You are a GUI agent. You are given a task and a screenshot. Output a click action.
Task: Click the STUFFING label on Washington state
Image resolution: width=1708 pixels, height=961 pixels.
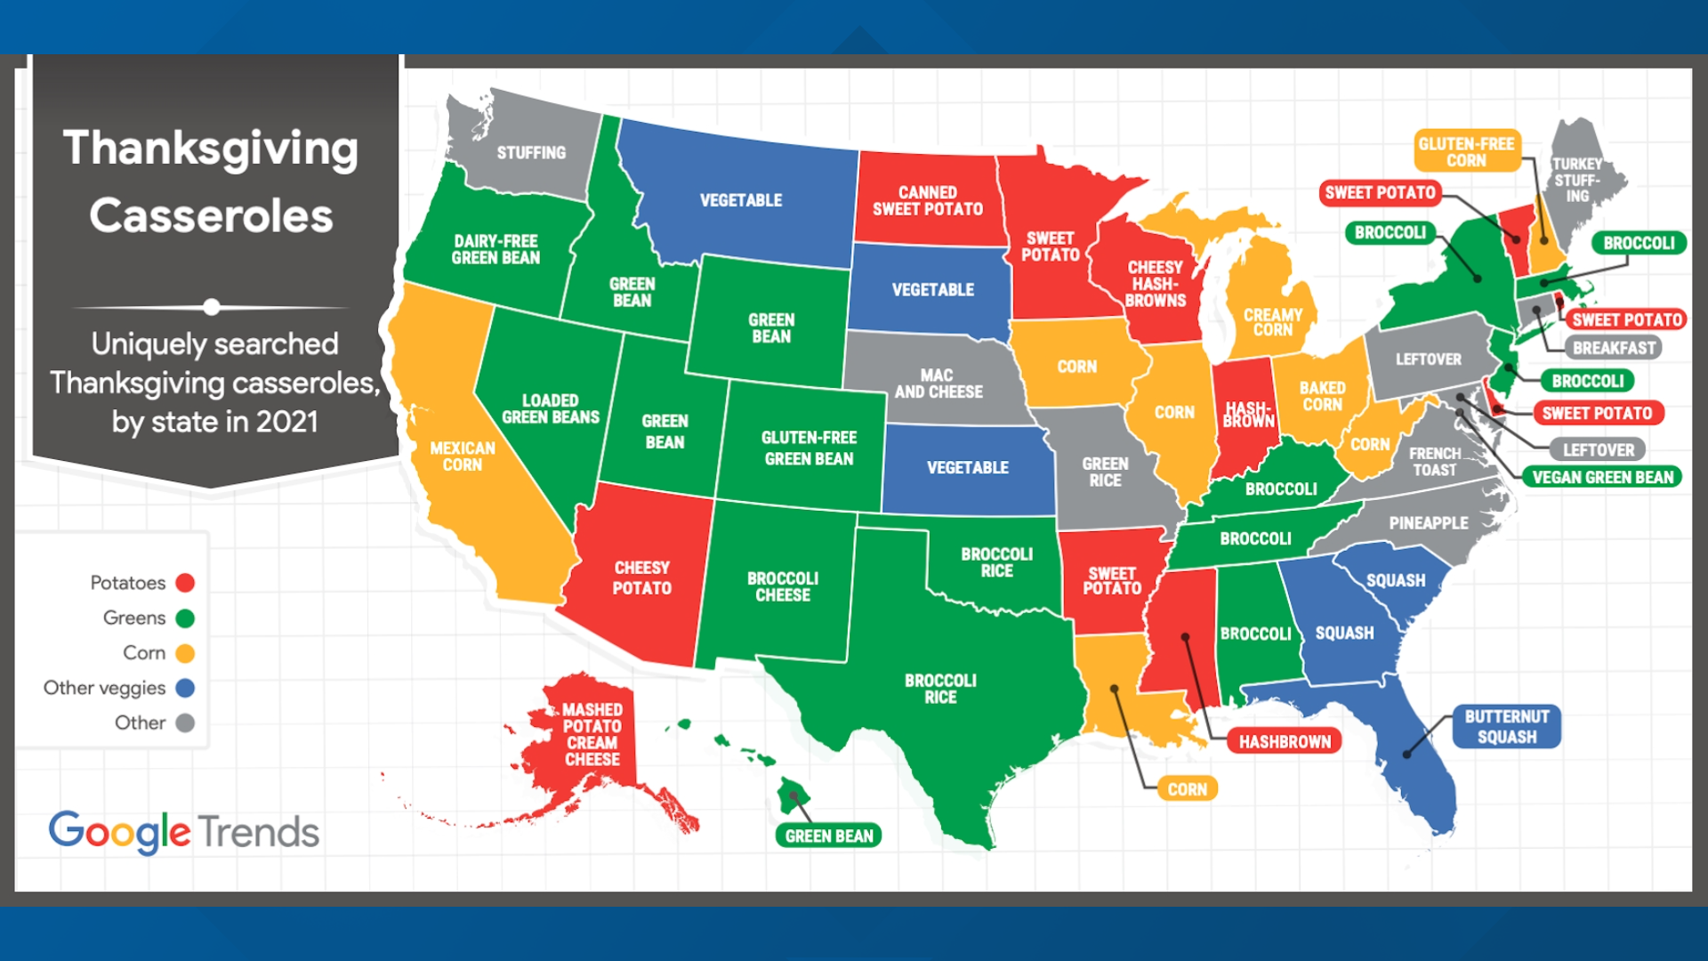pos(531,153)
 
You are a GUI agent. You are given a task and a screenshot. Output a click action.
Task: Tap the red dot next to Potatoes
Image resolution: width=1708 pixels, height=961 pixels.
pos(185,583)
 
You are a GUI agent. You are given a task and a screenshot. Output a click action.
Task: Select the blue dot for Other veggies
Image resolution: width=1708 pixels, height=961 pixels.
pos(185,688)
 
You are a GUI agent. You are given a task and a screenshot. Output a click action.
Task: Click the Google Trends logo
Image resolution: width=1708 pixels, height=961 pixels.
pos(183,832)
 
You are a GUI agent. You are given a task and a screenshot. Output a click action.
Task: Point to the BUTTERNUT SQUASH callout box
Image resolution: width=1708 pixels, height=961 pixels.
pos(1506,727)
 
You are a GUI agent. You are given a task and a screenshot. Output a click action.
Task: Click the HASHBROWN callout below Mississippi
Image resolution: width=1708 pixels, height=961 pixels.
pos(1284,742)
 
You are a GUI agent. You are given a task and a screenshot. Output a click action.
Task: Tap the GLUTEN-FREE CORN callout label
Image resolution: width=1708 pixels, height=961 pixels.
pos(1465,152)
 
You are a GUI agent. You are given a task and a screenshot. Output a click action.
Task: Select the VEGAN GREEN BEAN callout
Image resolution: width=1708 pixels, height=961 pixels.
pos(1602,478)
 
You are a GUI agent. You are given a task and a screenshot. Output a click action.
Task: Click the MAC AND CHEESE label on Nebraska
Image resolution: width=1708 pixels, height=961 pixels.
pos(938,384)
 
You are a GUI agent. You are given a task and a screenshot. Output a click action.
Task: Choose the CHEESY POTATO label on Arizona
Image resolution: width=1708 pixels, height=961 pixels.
pos(641,577)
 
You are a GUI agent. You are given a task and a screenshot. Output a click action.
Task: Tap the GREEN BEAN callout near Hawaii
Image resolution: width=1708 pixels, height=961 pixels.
pos(828,836)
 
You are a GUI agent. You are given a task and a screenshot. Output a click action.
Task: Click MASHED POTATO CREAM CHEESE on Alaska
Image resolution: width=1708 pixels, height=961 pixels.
pos(592,734)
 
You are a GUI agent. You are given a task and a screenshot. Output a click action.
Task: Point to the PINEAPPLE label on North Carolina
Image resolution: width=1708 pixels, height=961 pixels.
pos(1428,523)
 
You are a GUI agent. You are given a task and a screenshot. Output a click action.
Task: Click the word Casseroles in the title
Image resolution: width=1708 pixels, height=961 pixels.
pos(211,216)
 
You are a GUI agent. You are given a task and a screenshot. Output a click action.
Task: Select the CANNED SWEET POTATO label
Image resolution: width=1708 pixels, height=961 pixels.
pos(927,201)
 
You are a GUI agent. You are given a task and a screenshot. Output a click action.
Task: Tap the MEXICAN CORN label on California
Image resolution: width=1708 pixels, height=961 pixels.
pos(462,456)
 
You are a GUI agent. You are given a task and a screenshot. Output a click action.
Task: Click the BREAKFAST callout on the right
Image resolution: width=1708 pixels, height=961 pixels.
pos(1614,349)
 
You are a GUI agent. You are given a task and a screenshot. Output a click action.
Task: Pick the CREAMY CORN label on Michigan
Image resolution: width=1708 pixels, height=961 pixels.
pos(1272,322)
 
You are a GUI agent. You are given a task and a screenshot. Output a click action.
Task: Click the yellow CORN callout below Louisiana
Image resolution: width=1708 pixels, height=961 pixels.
pos(1187,789)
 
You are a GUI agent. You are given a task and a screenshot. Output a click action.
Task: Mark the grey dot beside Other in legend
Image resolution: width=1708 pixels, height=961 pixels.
pos(185,723)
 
